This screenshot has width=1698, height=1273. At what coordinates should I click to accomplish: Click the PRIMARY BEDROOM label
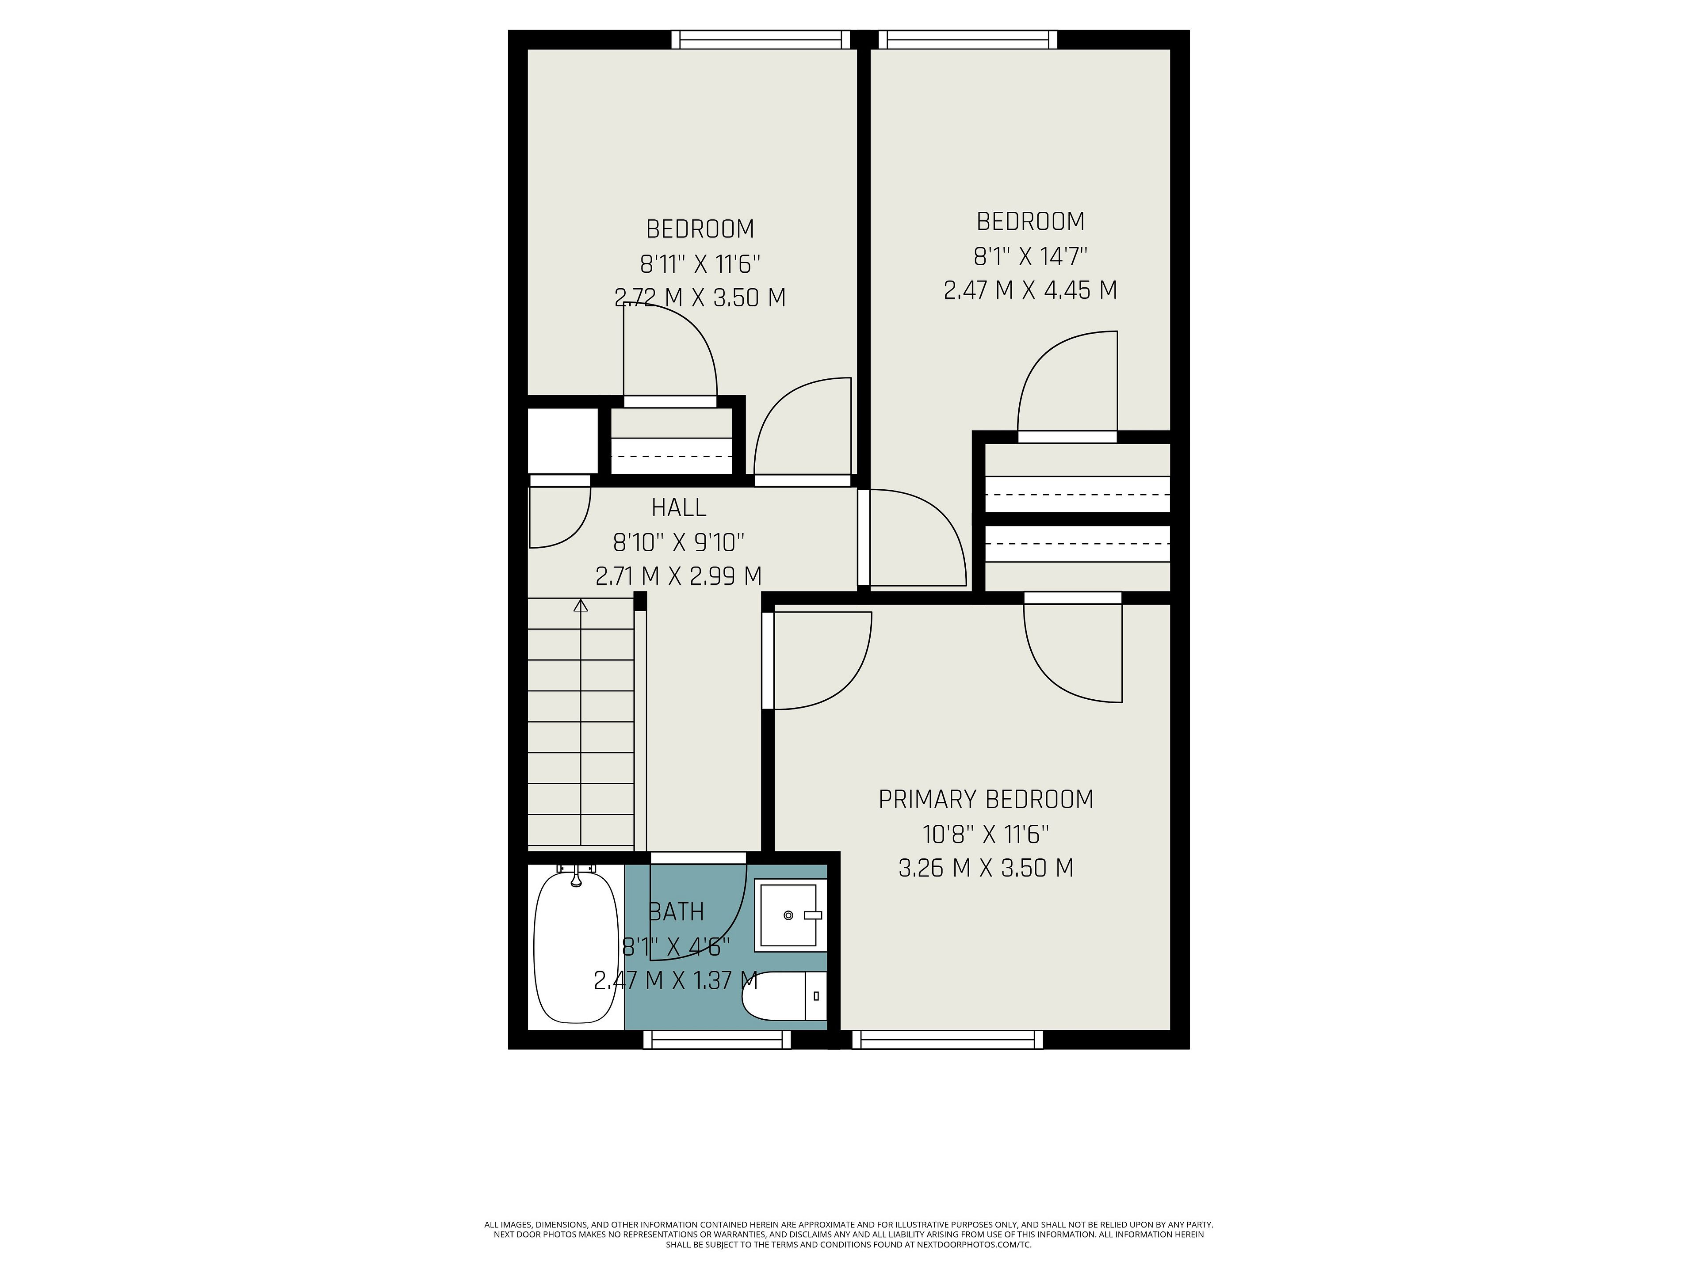click(x=986, y=800)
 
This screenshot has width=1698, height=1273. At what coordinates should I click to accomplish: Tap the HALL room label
click(x=679, y=507)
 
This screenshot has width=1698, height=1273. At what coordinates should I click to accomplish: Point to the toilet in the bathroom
click(x=784, y=996)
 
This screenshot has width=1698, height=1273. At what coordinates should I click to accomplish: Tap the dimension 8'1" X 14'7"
click(x=1030, y=255)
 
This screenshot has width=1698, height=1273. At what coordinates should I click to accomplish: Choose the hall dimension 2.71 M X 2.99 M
click(x=679, y=576)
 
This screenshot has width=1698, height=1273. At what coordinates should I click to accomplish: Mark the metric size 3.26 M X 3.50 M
click(x=986, y=868)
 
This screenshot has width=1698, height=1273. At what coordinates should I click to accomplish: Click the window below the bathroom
click(x=717, y=1040)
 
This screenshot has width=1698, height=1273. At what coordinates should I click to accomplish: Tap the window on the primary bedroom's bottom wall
click(x=947, y=1040)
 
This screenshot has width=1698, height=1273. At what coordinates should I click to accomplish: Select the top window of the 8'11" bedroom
click(x=761, y=39)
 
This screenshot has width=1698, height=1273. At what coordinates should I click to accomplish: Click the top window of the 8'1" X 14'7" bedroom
click(x=967, y=39)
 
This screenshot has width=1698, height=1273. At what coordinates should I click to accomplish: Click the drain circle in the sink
click(x=788, y=915)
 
